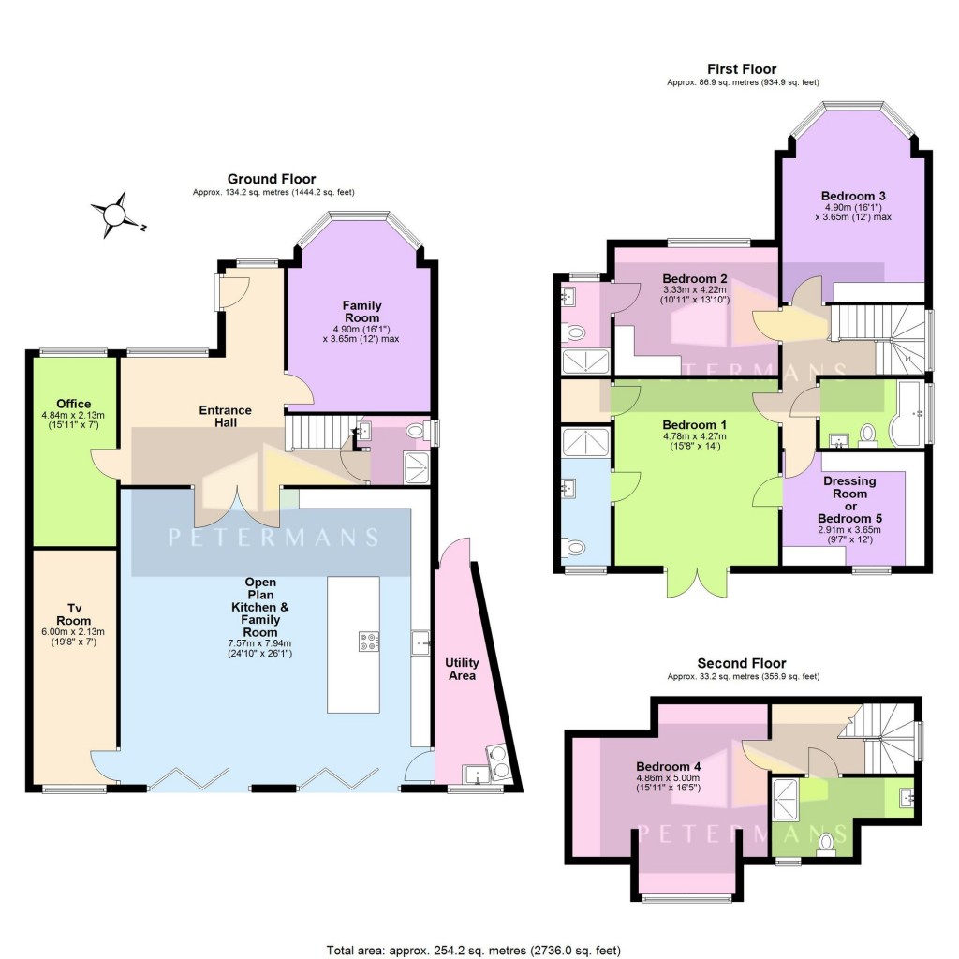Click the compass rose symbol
tap(113, 214)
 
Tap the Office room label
tap(72, 404)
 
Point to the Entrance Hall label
tap(225, 416)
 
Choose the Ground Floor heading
tap(272, 179)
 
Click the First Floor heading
tap(741, 69)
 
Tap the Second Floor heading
tap(743, 663)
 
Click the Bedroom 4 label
tap(669, 766)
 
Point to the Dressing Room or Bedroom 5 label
tap(848, 499)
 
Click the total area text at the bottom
tap(473, 949)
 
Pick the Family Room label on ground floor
tap(361, 312)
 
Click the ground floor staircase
tap(310, 433)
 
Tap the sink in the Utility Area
tap(478, 774)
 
